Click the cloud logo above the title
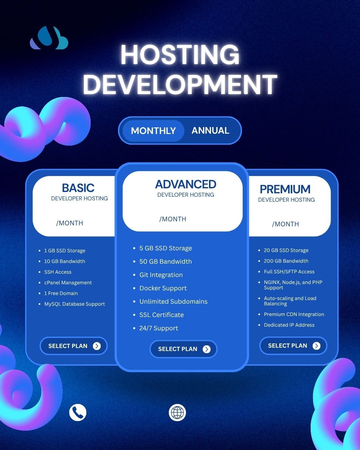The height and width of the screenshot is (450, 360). coord(49,38)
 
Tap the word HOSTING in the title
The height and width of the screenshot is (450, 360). coord(180,55)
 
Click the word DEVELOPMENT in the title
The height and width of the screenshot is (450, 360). coord(180,84)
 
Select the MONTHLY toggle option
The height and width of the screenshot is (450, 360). coord(153,131)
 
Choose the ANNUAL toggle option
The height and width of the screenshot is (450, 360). coord(210,130)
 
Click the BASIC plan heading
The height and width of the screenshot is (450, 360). coord(78,188)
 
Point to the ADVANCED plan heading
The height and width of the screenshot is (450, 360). coord(186,184)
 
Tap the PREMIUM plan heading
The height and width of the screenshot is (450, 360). coord(285,189)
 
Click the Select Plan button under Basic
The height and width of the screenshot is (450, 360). coord(74,346)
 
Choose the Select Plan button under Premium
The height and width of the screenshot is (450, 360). coord(293,345)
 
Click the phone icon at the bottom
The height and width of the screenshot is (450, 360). coord(78,413)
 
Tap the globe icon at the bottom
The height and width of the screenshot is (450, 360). coord(177,413)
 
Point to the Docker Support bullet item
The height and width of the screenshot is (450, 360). coord(163,288)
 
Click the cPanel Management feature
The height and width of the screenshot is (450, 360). coord(68,283)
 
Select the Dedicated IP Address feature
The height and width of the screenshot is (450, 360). coord(289,325)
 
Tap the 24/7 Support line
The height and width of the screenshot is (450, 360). coord(159,328)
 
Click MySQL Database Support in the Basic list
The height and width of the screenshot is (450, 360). coord(74,304)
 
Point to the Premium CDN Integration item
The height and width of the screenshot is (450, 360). coord(294,314)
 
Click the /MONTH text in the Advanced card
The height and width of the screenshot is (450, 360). coord(173,219)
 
